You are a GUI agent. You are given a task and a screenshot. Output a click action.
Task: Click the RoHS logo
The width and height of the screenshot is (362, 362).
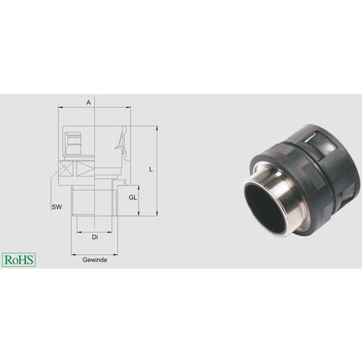coord(19,258)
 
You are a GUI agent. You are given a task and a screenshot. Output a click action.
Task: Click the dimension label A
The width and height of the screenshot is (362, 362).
coord(88,103)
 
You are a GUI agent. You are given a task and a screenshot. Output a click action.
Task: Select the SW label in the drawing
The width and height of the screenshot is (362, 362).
coord(56,207)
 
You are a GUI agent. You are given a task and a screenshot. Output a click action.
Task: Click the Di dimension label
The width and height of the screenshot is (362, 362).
coord(94,237)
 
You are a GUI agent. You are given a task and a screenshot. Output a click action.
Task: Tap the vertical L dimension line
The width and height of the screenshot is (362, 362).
coord(156,170)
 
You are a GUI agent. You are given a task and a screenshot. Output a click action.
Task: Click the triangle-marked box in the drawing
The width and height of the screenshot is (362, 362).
coord(85,169)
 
